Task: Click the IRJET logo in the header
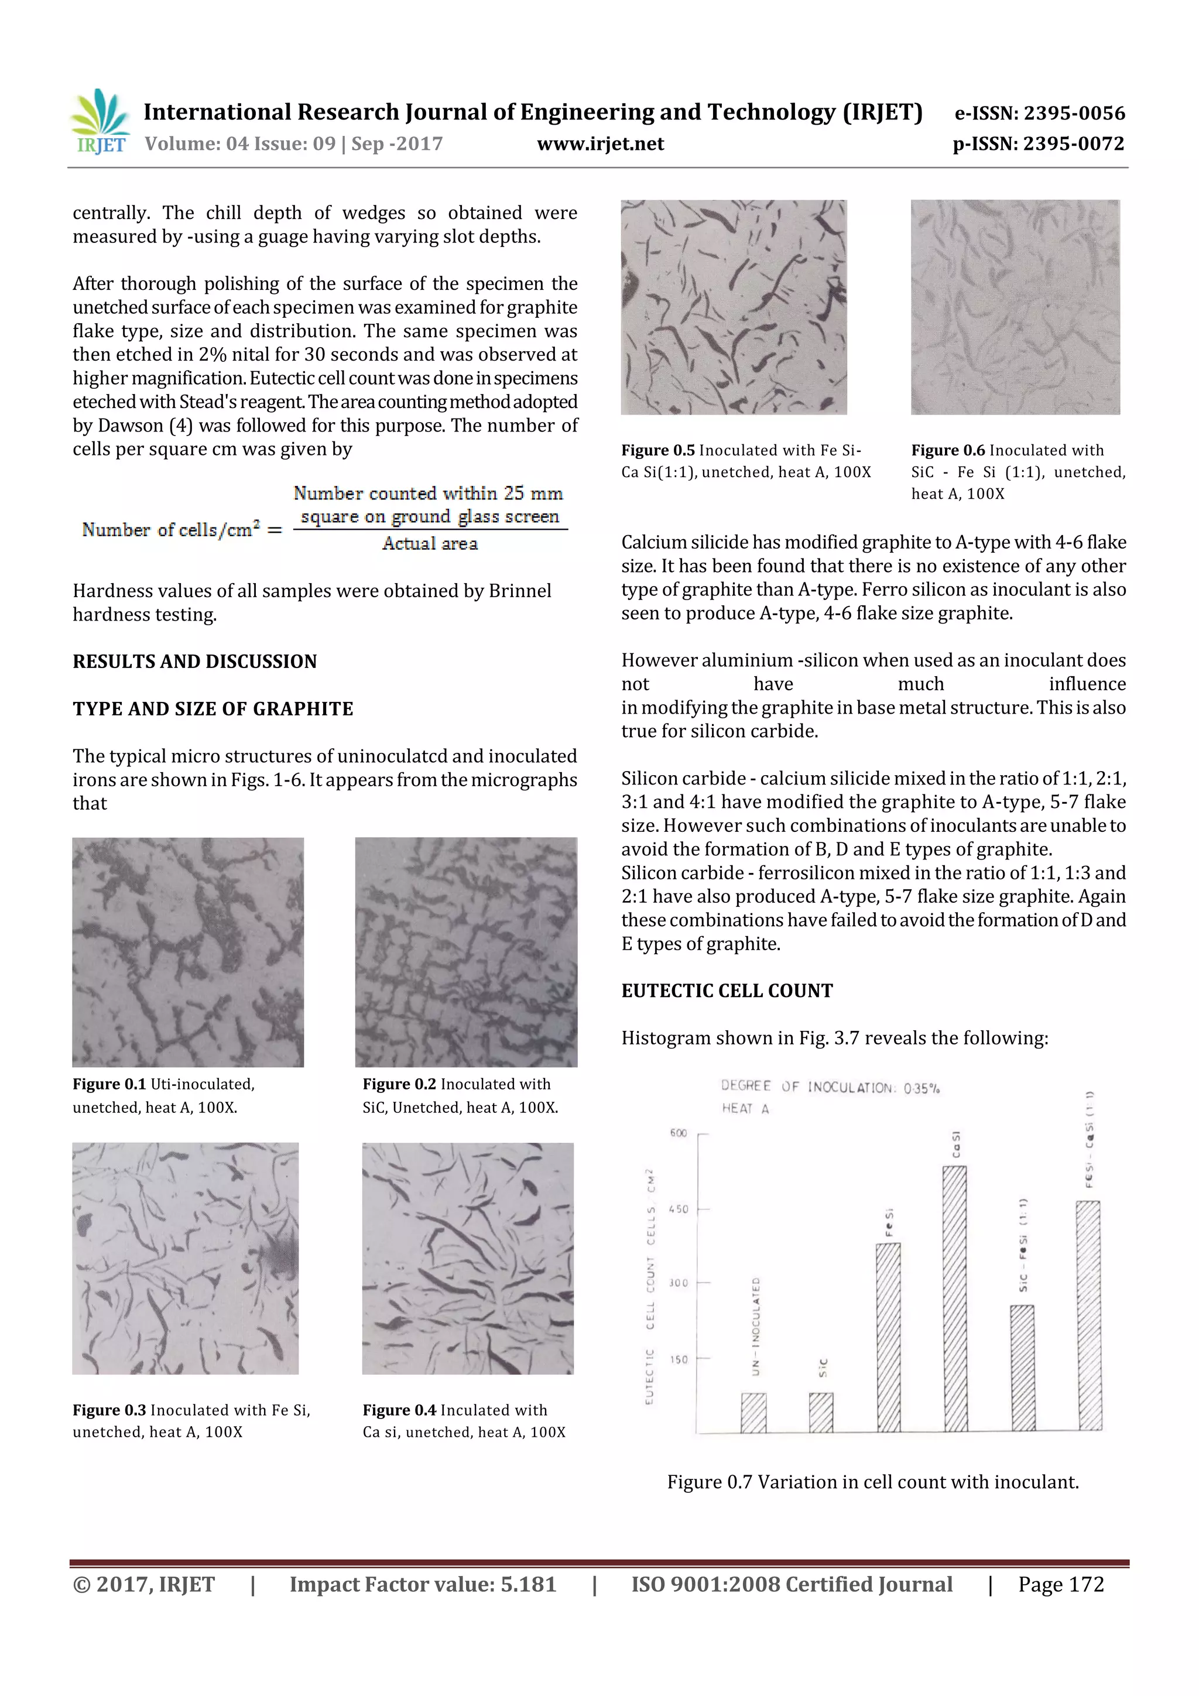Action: (x=100, y=122)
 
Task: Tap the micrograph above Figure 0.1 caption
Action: (x=188, y=951)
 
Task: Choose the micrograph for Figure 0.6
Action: (x=1015, y=307)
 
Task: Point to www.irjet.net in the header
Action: (x=600, y=143)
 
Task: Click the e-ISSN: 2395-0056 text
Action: (x=1039, y=113)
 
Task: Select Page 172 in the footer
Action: (x=1060, y=1584)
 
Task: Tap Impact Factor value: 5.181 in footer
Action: (x=423, y=1584)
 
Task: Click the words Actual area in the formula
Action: (x=430, y=544)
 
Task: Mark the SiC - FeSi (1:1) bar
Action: (x=1022, y=1368)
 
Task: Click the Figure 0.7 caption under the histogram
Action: (x=872, y=1482)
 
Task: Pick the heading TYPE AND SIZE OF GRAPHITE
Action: (x=213, y=708)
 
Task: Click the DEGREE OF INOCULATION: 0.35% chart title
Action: (x=830, y=1087)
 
